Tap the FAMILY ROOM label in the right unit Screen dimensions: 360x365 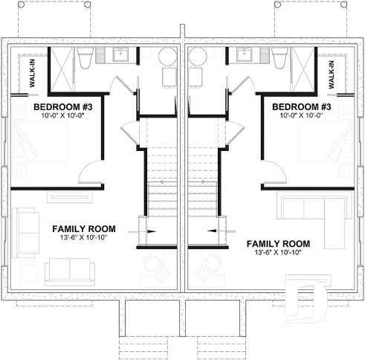(x=277, y=243)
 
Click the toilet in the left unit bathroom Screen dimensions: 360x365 (x=85, y=57)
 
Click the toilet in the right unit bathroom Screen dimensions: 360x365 (x=279, y=57)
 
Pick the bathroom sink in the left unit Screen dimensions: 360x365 (x=120, y=54)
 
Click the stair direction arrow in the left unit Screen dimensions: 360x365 (x=151, y=232)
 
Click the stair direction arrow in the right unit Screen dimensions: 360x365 (x=214, y=232)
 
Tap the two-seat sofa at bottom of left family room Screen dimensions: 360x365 (x=68, y=269)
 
